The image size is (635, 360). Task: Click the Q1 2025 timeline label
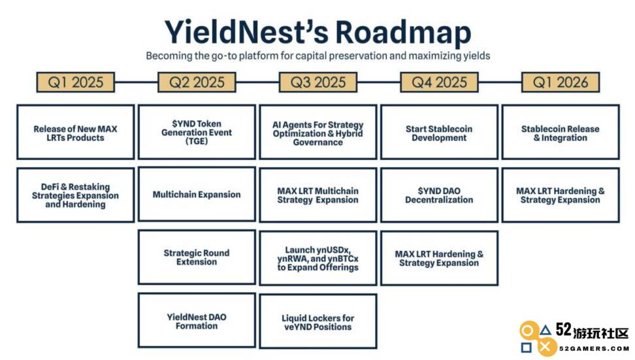[75, 82]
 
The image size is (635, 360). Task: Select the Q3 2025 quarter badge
[318, 82]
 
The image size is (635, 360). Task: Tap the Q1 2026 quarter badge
[561, 82]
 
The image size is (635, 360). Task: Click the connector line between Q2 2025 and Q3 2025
[257, 82]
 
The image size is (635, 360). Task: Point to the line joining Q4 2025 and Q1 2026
[500, 82]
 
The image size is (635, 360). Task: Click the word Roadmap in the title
[403, 33]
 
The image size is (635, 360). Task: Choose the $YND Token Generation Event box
[197, 132]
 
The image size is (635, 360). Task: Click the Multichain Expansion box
[197, 195]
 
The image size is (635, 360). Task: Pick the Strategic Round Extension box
[197, 257]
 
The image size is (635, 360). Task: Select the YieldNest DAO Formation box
[197, 320]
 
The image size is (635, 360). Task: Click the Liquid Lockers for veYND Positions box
[318, 321]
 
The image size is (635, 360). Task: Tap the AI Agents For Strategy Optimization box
[318, 132]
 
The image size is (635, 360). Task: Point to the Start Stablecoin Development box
[439, 132]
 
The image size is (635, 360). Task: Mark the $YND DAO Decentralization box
[439, 195]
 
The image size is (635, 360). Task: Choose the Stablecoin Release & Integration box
[561, 132]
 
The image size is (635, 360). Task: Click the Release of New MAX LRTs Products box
[75, 132]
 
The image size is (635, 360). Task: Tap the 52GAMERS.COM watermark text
[594, 348]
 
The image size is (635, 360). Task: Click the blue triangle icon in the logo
[545, 331]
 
